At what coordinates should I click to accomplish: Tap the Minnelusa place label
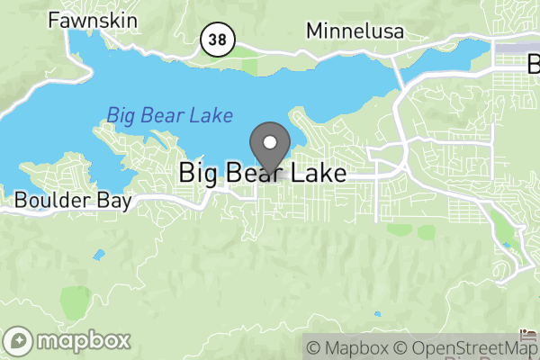point(355,31)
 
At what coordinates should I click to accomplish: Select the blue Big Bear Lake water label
point(169,115)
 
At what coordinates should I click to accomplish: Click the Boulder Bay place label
point(74,200)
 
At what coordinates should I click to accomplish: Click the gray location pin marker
point(269,147)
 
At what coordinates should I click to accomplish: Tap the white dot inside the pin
point(269,140)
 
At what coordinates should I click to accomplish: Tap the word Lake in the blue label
point(212,115)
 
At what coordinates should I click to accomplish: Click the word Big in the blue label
point(121,115)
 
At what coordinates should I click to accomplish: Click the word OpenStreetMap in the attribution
point(474,348)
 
